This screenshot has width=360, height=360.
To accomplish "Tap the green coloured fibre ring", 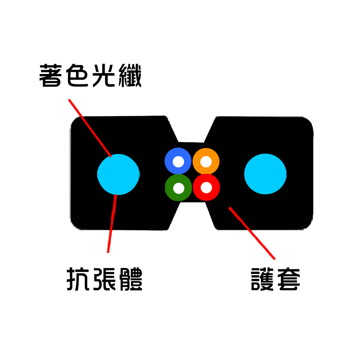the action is [x=170, y=188].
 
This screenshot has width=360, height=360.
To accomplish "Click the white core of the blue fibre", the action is [x=178, y=162].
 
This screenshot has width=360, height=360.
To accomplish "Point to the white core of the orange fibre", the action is [x=206, y=162].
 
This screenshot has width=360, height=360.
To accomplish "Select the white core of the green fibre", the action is [x=179, y=188].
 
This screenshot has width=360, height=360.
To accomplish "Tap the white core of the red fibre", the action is [x=206, y=188].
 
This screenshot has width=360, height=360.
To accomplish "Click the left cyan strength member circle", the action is [x=119, y=175].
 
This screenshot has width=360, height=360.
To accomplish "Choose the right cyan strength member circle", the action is [x=265, y=174].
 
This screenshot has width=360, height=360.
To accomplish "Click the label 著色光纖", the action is [x=90, y=75].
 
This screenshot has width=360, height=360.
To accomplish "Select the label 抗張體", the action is [x=104, y=279].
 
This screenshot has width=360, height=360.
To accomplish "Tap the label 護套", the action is [x=275, y=279].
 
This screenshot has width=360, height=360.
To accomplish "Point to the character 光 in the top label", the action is [x=103, y=75].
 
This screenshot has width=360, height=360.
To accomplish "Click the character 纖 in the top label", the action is [x=130, y=75].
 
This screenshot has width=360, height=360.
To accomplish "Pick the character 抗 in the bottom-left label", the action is [x=78, y=279].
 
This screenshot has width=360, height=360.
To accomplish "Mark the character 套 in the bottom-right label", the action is [x=289, y=279].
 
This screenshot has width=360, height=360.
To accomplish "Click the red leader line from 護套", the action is [x=252, y=233].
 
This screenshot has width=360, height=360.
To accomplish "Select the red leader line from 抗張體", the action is [x=112, y=224].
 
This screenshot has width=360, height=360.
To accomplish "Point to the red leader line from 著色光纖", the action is [x=90, y=128].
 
